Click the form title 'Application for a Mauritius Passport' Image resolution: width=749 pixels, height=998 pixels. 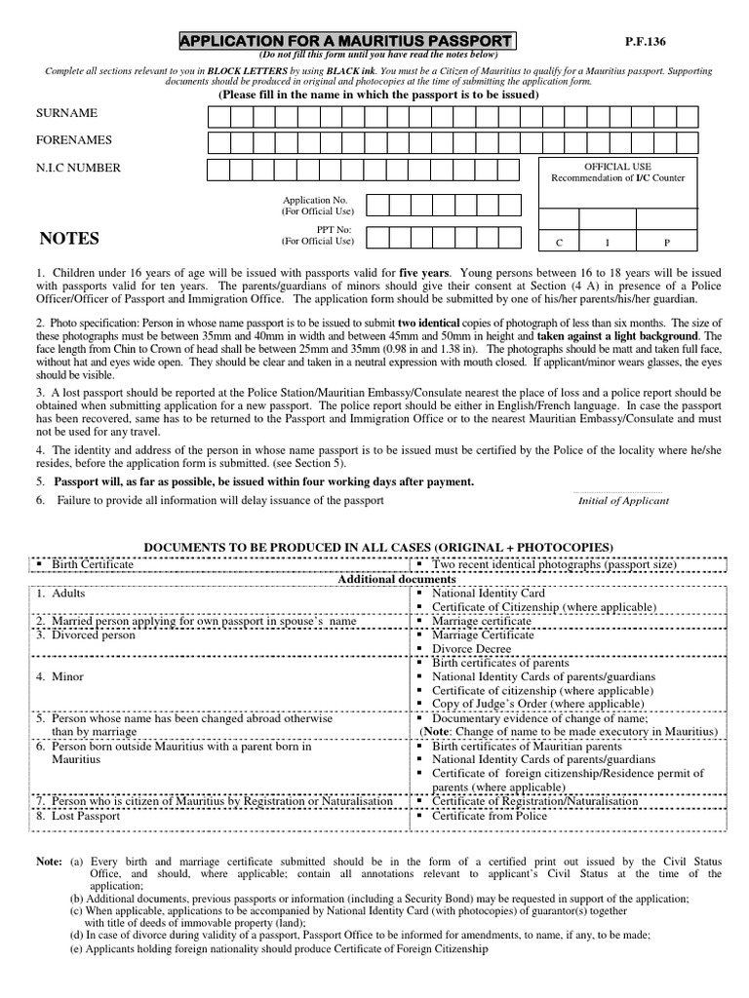347,41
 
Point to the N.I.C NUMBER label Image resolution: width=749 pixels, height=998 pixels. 77,168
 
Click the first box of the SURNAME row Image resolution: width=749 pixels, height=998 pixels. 217,117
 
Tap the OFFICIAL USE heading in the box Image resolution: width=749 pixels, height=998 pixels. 617,167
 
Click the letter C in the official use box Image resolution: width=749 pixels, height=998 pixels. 559,243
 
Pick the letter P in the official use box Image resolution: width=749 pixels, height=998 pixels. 668,243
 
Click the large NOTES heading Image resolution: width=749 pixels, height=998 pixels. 69,239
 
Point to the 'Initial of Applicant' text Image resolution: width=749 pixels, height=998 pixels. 623,501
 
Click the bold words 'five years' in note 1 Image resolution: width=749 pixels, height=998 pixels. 421,273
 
